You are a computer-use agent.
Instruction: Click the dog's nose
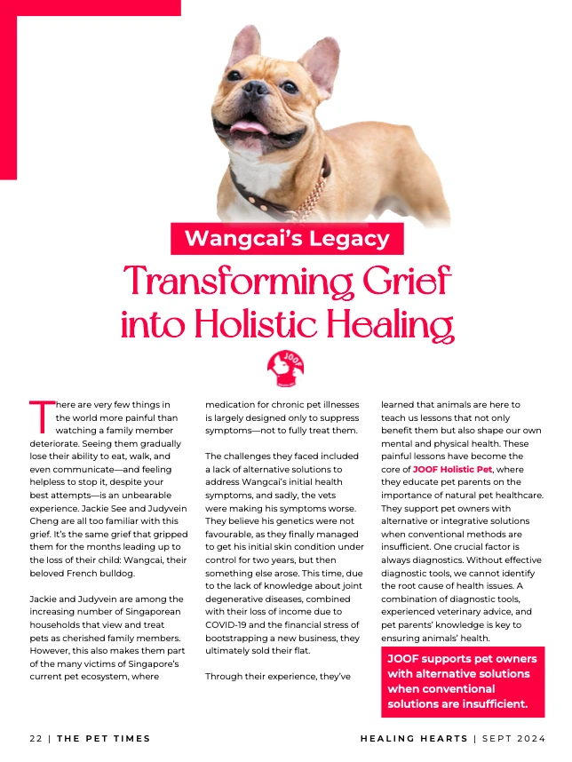click(257, 89)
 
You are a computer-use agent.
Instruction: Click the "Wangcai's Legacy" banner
click(287, 238)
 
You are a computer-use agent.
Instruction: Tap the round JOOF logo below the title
click(286, 368)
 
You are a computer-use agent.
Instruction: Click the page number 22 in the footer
click(36, 738)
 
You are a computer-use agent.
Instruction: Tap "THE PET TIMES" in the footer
click(104, 738)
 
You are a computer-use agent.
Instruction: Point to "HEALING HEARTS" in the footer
click(412, 738)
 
